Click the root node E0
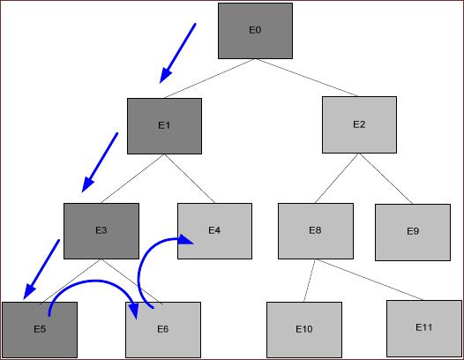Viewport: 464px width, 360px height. (x=256, y=31)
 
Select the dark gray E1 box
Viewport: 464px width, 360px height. (x=165, y=126)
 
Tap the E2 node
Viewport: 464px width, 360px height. (x=359, y=124)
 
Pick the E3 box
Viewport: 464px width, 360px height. (x=101, y=231)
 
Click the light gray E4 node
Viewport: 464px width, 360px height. (x=214, y=231)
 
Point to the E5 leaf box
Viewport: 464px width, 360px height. (x=40, y=330)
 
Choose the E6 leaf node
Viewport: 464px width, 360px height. (x=163, y=330)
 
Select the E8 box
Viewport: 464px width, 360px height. (x=316, y=231)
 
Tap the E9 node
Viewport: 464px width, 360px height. (x=413, y=232)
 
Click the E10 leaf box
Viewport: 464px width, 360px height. (x=304, y=330)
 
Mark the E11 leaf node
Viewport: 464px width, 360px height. (x=424, y=328)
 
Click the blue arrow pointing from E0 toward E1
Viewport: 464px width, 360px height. (x=177, y=53)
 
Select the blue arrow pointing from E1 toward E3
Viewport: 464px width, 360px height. (x=100, y=162)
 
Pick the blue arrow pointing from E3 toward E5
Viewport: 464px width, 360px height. (x=41, y=269)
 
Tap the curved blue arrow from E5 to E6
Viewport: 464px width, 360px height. (x=92, y=281)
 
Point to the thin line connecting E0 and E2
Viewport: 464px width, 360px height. (x=306, y=78)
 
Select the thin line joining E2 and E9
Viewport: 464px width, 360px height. (x=385, y=178)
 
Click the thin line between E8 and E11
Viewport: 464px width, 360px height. (x=370, y=280)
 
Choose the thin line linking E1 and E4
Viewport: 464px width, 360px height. (x=190, y=178)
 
